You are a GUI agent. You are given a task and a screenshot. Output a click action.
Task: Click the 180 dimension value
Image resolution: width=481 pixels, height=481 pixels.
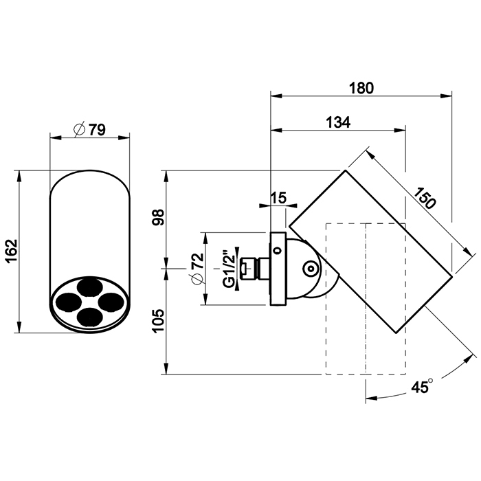(361, 88)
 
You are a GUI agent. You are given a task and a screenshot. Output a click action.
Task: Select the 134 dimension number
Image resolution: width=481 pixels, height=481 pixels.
(338, 122)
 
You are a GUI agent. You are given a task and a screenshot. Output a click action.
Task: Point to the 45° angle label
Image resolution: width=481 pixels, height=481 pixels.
(422, 386)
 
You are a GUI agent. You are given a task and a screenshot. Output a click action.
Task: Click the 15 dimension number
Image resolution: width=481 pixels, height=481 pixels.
(278, 198)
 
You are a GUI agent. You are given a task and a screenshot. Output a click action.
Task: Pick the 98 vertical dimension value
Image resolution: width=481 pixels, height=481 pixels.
(159, 218)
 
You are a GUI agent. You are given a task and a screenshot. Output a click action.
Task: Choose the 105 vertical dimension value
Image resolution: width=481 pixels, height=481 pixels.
(159, 321)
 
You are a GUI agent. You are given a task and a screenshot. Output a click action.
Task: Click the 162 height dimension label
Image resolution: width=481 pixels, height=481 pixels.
(12, 251)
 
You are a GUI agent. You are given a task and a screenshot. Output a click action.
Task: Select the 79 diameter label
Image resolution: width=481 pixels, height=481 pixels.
(97, 129)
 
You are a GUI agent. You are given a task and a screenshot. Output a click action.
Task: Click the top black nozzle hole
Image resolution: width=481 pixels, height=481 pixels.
(89, 287)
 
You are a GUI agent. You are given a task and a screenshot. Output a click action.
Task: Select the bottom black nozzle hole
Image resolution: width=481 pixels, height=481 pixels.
(89, 317)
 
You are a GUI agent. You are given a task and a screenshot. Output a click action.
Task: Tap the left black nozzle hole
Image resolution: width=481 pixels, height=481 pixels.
(70, 302)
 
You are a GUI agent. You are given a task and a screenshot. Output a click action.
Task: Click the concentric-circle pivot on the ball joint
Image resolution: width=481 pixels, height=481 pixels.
(311, 269)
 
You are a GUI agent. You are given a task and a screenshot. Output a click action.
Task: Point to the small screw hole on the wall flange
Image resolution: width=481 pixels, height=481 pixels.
(278, 250)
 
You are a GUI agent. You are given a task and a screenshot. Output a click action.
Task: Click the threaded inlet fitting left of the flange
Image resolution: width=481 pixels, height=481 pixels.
(255, 269)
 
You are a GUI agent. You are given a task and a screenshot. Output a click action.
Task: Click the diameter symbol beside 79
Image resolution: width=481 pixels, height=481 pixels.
(79, 129)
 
